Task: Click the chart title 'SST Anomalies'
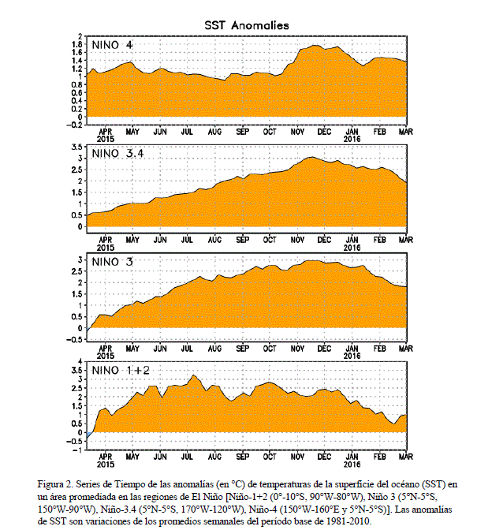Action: (x=247, y=25)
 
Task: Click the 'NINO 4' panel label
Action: (x=113, y=45)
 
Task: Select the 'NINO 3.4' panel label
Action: (x=118, y=154)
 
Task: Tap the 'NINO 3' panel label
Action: (x=113, y=262)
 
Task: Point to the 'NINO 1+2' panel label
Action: (x=121, y=371)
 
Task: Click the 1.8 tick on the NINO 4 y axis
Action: (x=77, y=44)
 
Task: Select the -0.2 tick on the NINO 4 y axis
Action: (x=74, y=125)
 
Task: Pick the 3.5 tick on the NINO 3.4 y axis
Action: (x=77, y=147)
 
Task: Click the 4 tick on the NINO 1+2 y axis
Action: (x=80, y=362)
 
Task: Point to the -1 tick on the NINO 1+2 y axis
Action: (x=77, y=450)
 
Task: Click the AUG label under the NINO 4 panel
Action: (x=215, y=132)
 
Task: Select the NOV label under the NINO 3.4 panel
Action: (x=297, y=240)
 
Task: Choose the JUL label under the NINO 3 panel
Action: (x=187, y=349)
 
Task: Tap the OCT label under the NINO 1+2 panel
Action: (x=270, y=457)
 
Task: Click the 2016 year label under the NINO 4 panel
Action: (x=352, y=139)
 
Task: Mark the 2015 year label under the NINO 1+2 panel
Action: (x=106, y=465)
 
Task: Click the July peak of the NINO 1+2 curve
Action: (x=193, y=375)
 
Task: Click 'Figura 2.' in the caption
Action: (x=54, y=485)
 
